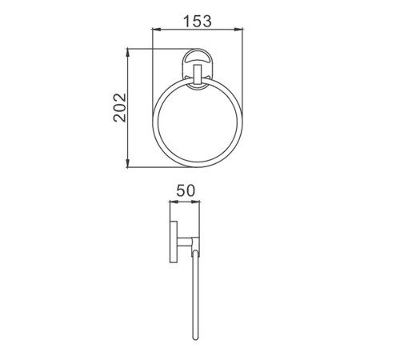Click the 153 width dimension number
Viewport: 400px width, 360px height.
[x=198, y=22]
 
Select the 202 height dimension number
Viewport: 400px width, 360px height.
[x=119, y=107]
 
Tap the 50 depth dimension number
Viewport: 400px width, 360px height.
[x=186, y=190]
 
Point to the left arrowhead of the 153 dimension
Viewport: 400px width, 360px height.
[x=156, y=29]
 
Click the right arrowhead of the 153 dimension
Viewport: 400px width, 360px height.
[x=238, y=29]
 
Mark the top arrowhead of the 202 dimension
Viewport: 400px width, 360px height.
[x=128, y=52]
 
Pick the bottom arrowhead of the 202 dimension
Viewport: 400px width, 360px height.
[x=128, y=164]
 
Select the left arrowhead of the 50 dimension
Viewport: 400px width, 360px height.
[x=174, y=202]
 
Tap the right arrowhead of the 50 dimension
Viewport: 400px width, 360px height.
[x=196, y=202]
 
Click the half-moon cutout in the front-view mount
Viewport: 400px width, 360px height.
[x=197, y=58]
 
